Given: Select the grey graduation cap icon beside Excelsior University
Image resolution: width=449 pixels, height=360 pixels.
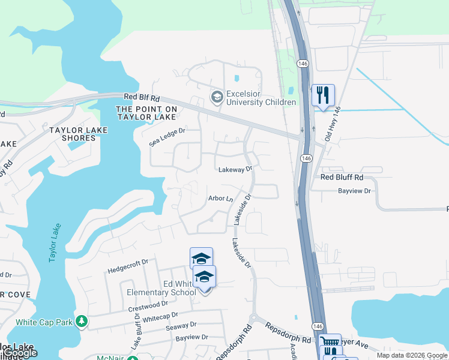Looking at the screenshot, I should tap(217, 96).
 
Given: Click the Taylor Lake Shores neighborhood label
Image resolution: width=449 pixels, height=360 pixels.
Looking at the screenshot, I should tap(79, 134).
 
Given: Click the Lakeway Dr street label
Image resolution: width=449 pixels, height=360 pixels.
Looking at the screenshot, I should tap(235, 170).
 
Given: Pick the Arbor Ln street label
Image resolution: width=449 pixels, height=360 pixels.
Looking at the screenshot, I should tap(220, 198).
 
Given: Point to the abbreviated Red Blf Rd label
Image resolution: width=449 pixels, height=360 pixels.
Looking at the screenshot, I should tap(142, 97).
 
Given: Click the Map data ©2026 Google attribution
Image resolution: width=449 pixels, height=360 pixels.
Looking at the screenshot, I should tap(411, 355).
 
